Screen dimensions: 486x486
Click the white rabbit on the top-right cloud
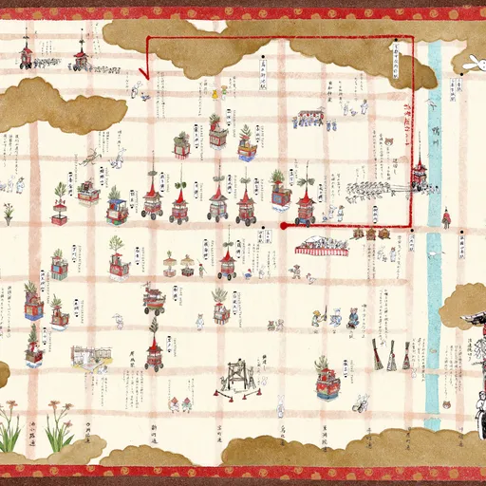(x=471, y=63)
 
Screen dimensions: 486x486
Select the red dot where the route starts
(x=283, y=226)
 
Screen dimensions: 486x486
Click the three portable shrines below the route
(x=370, y=234)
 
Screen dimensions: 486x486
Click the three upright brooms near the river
(x=391, y=355)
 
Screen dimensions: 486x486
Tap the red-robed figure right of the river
(x=446, y=219)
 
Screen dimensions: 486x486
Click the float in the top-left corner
(x=27, y=55)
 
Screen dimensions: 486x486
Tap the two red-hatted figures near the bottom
(x=180, y=404)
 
